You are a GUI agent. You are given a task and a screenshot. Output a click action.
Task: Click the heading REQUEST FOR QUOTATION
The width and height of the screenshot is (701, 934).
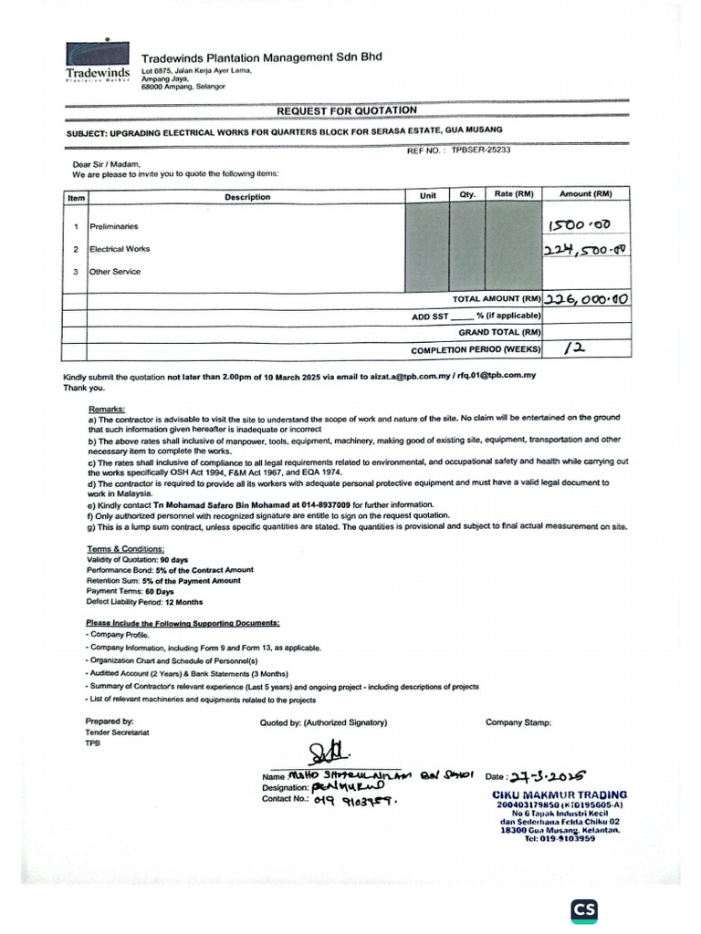pos(347,110)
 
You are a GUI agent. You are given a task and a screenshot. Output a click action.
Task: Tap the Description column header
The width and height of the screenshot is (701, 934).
pos(247,197)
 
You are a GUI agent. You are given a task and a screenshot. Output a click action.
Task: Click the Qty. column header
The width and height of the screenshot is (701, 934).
pos(467,195)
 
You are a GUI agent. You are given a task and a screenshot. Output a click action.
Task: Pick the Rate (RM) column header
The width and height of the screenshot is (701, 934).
pos(514,194)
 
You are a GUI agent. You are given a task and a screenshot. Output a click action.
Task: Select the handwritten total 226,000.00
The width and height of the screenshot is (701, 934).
pos(587,299)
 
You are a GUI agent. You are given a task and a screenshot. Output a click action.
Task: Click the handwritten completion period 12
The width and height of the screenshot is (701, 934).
pos(576,348)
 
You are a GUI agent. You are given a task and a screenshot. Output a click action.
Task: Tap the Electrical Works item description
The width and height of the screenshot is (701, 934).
pos(120,249)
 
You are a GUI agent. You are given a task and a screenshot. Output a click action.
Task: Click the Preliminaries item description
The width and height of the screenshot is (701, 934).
pos(114,226)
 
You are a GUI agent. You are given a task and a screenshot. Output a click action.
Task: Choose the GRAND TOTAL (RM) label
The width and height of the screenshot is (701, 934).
pos(501,333)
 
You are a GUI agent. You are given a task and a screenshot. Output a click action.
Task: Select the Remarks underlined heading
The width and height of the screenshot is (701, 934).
pos(107,410)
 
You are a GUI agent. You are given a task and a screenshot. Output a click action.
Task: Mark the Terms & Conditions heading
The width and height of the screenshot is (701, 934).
pos(126,549)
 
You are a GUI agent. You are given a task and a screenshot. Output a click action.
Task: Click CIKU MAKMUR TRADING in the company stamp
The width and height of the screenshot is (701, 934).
pos(559,794)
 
